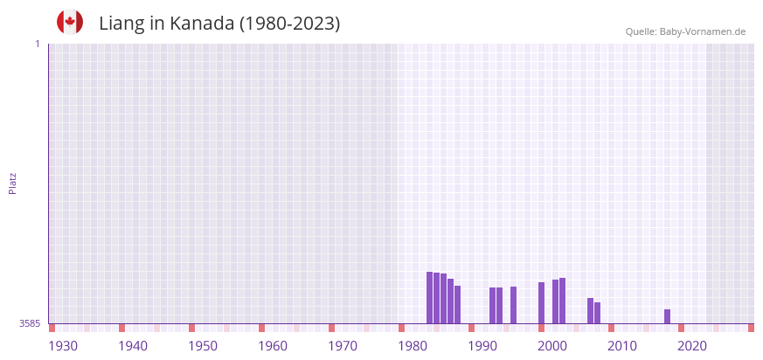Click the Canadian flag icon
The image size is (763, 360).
[70, 23]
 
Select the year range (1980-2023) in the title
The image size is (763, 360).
[290, 24]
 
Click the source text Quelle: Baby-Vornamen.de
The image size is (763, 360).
[685, 31]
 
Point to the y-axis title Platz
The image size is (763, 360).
[12, 183]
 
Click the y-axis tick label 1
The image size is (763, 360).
[37, 44]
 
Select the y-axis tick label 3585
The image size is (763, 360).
[30, 323]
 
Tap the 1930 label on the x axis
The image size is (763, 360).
[63, 346]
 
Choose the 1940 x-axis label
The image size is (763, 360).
[133, 346]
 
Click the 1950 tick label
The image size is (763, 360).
[203, 346]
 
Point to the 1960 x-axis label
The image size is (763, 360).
[273, 346]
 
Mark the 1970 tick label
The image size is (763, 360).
[343, 346]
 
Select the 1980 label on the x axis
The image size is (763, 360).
[413, 346]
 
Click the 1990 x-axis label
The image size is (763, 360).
[482, 346]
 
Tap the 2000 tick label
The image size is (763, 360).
[552, 346]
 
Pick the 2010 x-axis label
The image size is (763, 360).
[622, 346]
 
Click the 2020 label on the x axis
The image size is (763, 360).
[692, 346]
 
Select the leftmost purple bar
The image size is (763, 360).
[429, 298]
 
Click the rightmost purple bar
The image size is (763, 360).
[667, 316]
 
